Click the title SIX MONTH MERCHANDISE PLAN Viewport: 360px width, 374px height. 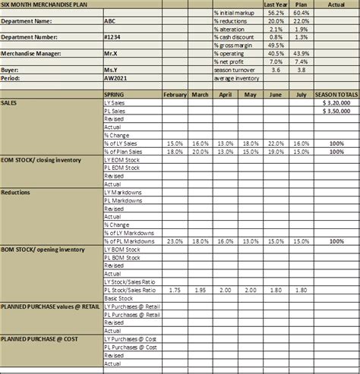coord(46,5)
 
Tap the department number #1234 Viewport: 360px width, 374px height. coord(114,36)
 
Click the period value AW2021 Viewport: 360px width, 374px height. coord(115,77)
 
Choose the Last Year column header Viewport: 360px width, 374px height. coord(275,5)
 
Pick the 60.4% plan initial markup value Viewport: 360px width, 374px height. coord(301,12)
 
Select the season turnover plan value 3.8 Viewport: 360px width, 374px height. coord(301,69)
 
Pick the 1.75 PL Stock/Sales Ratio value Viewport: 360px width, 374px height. coord(174,290)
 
